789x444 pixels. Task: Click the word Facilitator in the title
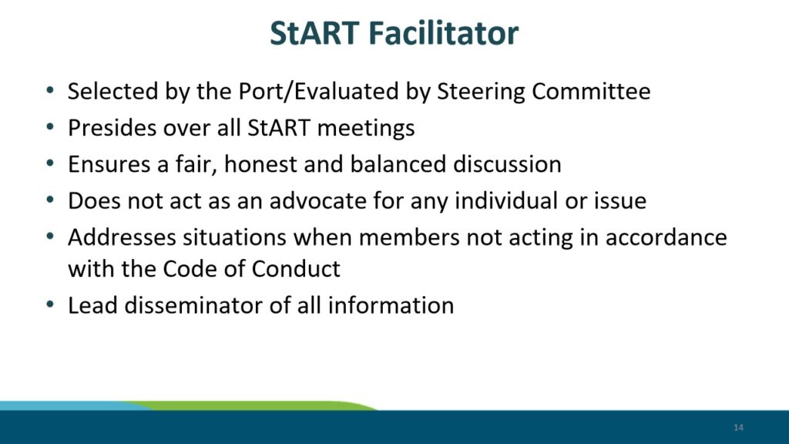point(443,33)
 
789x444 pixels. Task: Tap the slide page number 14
point(738,427)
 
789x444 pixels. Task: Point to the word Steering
point(481,92)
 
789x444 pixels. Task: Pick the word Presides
point(112,128)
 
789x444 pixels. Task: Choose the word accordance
point(666,237)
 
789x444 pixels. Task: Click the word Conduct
point(296,269)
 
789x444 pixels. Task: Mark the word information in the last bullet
point(391,305)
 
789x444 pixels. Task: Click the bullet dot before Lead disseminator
point(50,304)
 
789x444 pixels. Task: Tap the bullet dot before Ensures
point(50,163)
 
